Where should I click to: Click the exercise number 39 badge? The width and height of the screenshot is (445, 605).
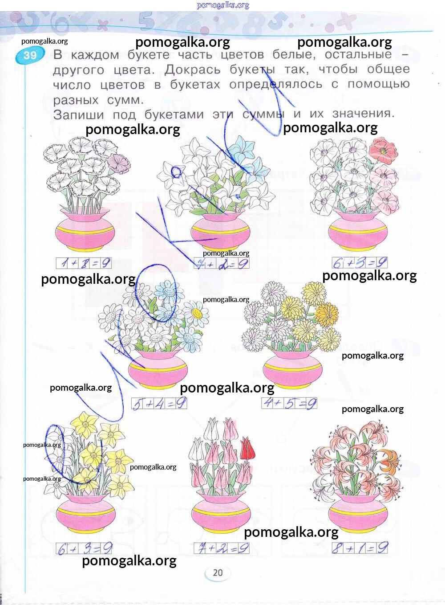(30, 55)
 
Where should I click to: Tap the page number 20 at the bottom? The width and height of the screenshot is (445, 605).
(218, 573)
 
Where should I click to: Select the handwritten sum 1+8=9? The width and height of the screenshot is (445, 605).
(84, 263)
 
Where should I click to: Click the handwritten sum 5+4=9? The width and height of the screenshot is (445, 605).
(159, 404)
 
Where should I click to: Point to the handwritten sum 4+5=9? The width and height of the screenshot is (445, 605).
(289, 403)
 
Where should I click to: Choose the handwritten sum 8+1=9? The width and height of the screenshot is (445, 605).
(360, 548)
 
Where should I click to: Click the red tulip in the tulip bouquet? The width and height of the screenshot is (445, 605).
(247, 448)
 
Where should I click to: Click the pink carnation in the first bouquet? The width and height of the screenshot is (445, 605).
(119, 163)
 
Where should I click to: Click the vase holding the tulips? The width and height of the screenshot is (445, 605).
(221, 512)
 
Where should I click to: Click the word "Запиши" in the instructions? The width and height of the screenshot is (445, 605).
(78, 114)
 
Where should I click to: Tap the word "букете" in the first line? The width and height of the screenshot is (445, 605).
(148, 55)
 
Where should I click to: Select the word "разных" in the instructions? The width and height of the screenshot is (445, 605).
(76, 100)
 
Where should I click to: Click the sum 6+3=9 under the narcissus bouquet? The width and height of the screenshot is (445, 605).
(84, 548)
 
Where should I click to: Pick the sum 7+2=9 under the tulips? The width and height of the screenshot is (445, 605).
(221, 548)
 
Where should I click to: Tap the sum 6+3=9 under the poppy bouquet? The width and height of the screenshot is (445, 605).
(360, 263)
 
